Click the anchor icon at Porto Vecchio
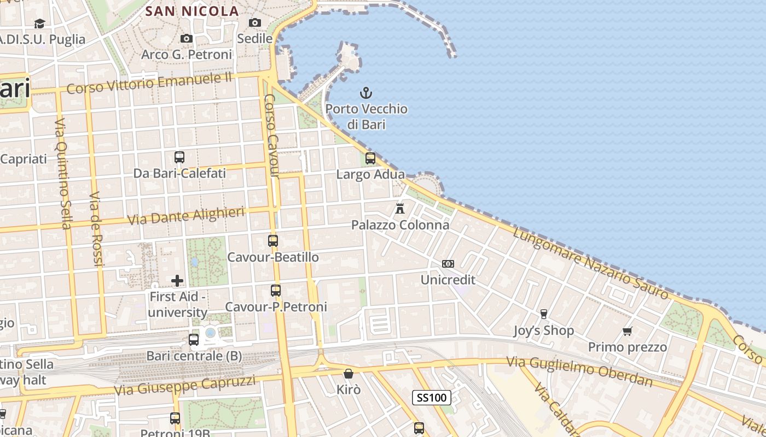[365, 93]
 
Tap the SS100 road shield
[432, 398]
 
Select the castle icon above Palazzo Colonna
[400, 208]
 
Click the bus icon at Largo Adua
[370, 158]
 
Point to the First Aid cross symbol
[177, 281]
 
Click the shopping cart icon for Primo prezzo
[628, 331]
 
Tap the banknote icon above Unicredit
[448, 264]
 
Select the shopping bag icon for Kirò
[348, 374]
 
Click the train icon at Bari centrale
[194, 340]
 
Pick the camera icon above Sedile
[255, 22]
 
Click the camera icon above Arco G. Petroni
[187, 38]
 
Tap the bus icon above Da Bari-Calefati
[179, 157]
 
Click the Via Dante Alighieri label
[185, 216]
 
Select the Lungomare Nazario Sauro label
[591, 263]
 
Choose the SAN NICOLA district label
[193, 11]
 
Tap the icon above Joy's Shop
[543, 314]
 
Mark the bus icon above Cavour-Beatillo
[273, 240]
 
